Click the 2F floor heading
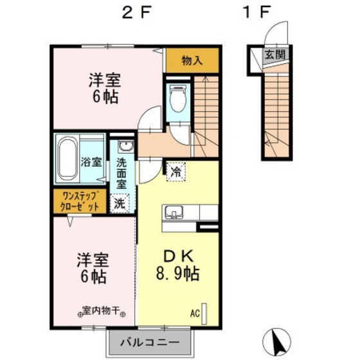[x=137, y=12]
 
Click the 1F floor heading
[x=256, y=12]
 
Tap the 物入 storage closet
[x=192, y=60]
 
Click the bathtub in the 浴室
[x=67, y=159]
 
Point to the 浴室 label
[x=91, y=162]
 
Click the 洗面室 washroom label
[x=122, y=174]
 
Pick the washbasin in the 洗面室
[x=125, y=146]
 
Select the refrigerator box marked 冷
[x=176, y=172]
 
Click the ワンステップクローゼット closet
[x=80, y=201]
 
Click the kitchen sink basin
[x=174, y=212]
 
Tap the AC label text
[x=195, y=314]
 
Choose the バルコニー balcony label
[x=150, y=343]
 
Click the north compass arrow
[x=277, y=342]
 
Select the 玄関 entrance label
[x=275, y=55]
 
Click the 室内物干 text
[x=102, y=311]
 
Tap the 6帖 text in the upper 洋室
[x=105, y=97]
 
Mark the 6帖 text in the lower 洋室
[x=93, y=276]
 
